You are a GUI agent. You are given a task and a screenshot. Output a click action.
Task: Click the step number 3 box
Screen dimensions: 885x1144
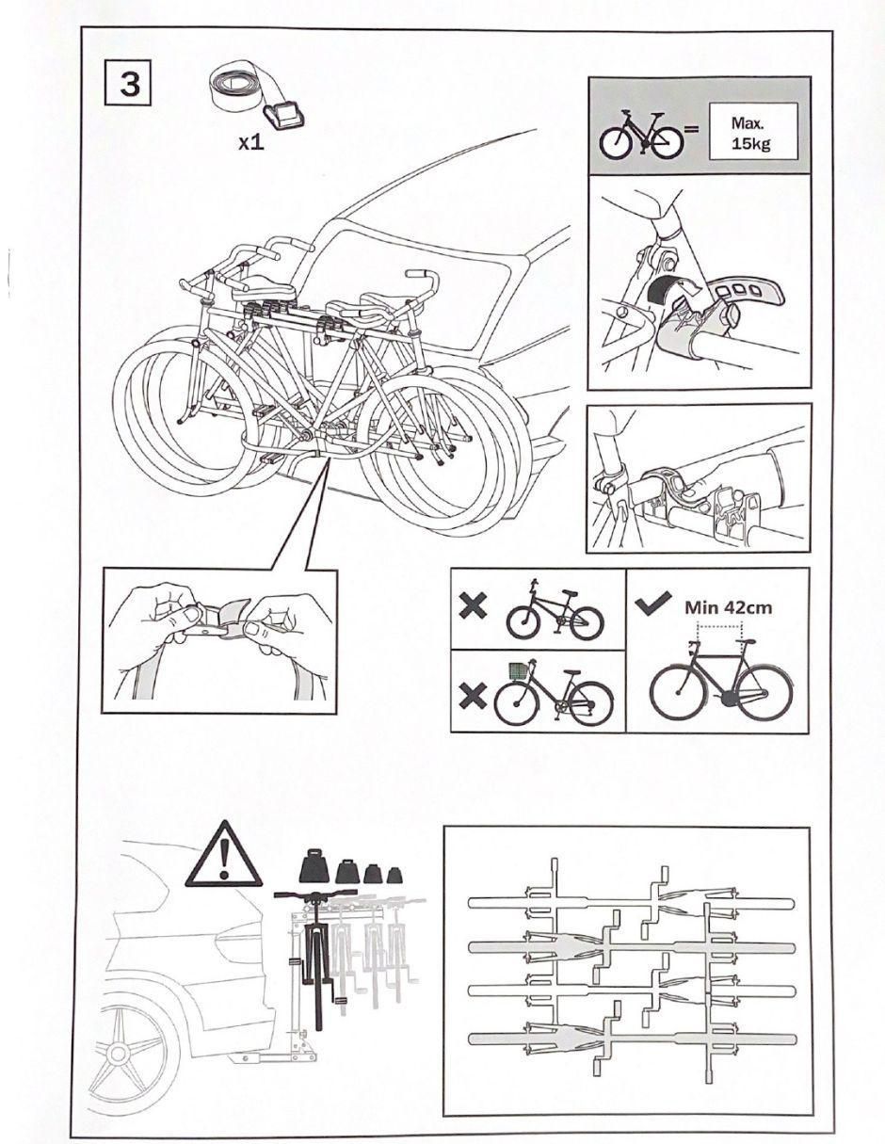click(129, 83)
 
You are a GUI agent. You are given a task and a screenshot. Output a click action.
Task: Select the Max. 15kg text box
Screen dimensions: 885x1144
click(753, 132)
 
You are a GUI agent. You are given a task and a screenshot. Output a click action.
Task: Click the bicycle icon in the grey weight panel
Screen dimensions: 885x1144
click(641, 135)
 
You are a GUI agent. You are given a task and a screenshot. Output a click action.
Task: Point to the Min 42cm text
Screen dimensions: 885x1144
click(728, 607)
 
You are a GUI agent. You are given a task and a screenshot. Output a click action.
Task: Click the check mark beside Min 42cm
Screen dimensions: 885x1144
click(653, 603)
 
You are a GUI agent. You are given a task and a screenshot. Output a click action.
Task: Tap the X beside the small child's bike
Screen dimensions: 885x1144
click(473, 606)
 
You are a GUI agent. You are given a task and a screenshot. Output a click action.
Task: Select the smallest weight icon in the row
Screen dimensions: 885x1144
click(394, 875)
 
